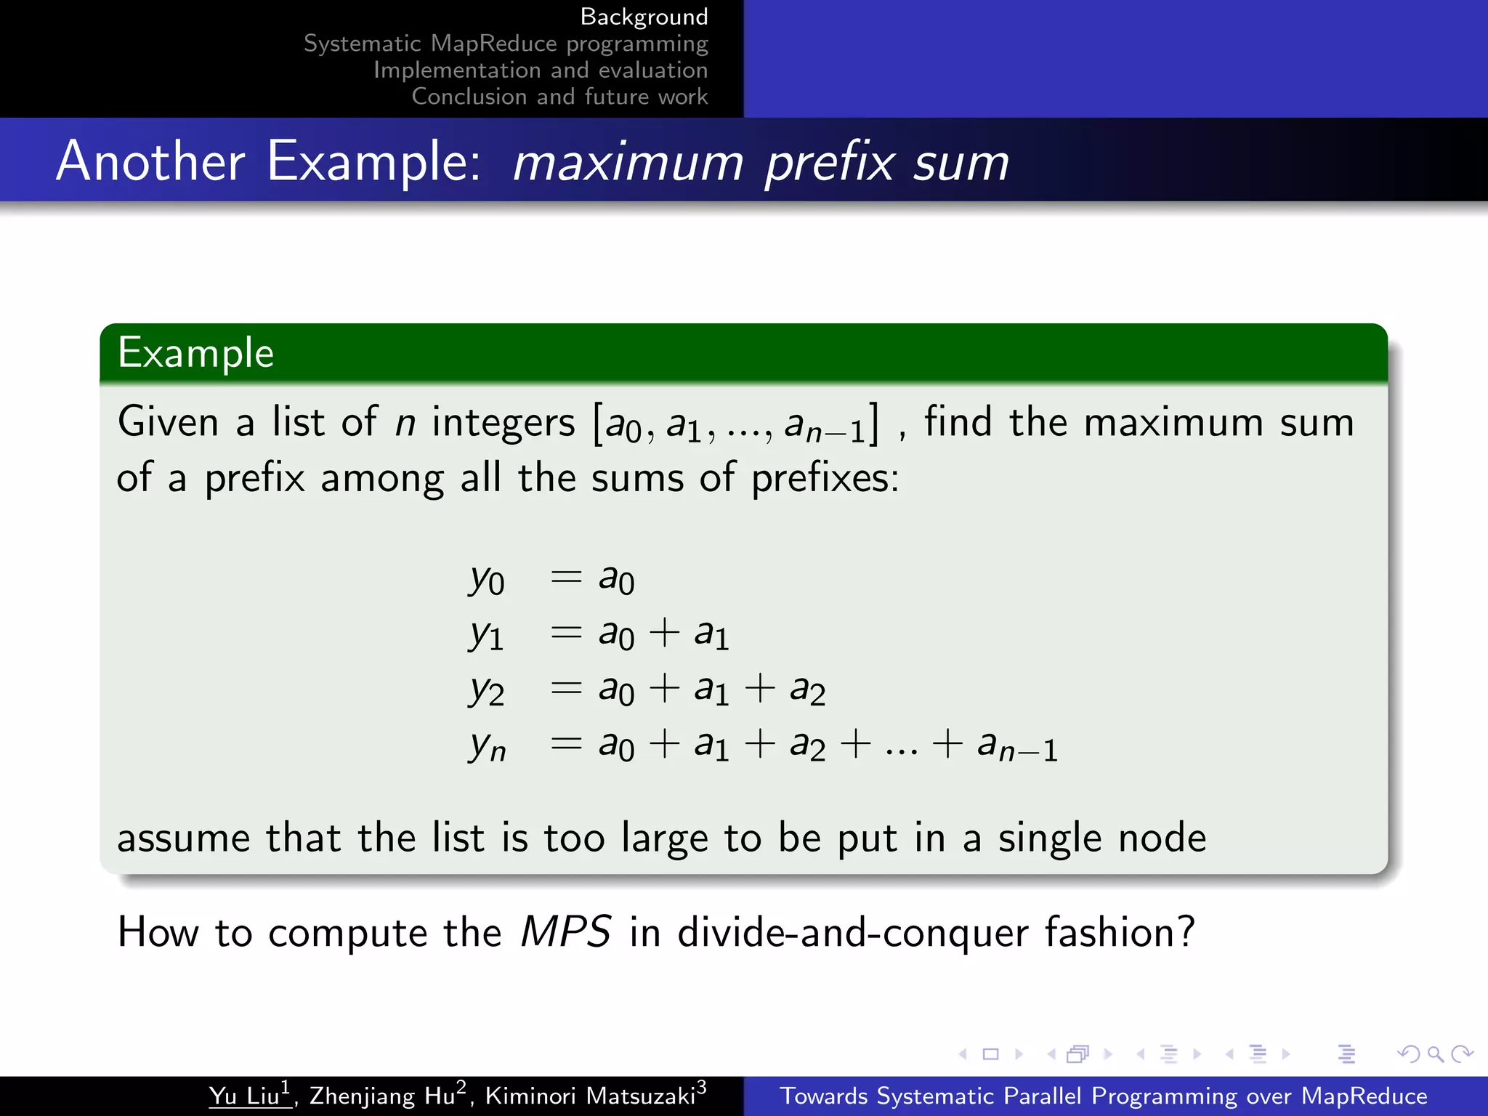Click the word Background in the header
pyautogui.click(x=644, y=17)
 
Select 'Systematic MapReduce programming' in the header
pyautogui.click(x=506, y=44)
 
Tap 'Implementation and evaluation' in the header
pyautogui.click(x=541, y=70)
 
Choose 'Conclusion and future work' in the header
pyautogui.click(x=559, y=97)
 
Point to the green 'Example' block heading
pyautogui.click(x=196, y=353)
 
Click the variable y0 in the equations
pyautogui.click(x=486, y=580)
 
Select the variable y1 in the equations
pyautogui.click(x=486, y=634)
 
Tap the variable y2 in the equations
pyautogui.click(x=486, y=690)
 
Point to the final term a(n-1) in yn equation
pyautogui.click(x=1017, y=746)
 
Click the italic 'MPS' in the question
pyautogui.click(x=565, y=931)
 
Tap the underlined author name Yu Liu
pyautogui.click(x=249, y=1095)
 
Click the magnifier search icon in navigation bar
pyautogui.click(x=1435, y=1054)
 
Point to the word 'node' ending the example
pyautogui.click(x=1162, y=838)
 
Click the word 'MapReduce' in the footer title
pyautogui.click(x=1364, y=1096)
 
